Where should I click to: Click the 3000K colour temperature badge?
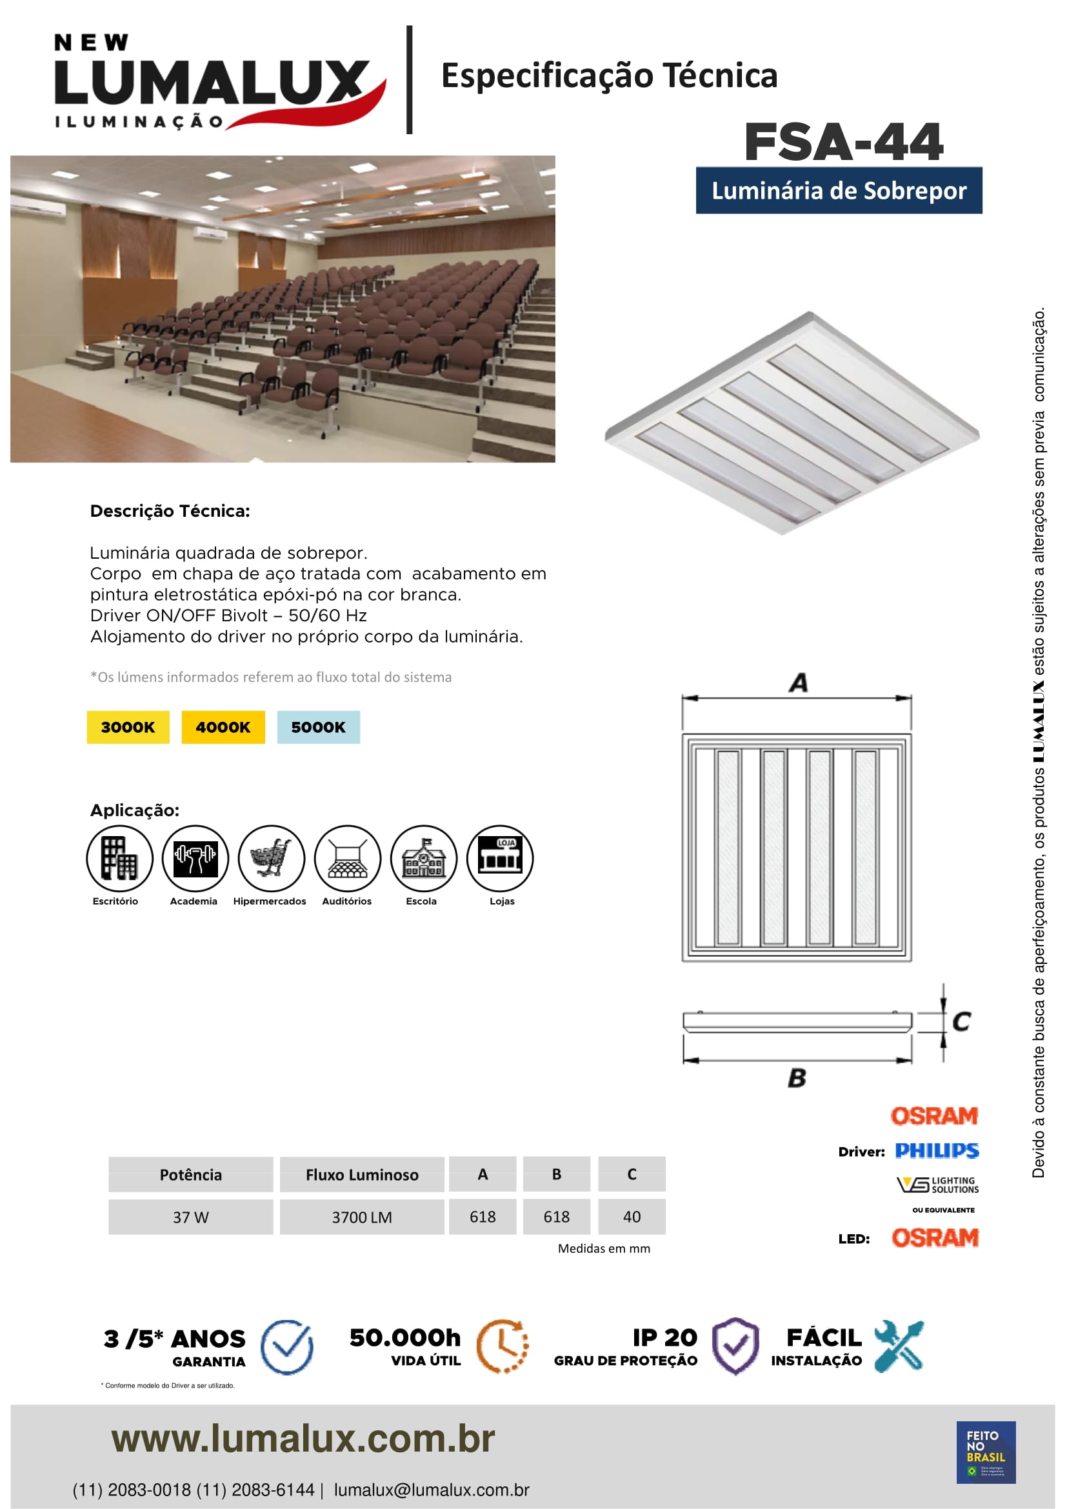(x=128, y=727)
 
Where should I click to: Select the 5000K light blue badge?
(x=318, y=727)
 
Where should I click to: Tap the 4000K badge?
(x=223, y=727)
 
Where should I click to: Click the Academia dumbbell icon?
(x=195, y=857)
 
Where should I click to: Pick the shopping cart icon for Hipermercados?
(x=272, y=857)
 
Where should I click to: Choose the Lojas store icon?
(x=500, y=857)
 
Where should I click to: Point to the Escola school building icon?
(x=424, y=857)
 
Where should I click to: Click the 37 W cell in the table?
(x=190, y=1217)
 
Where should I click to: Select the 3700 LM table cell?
(x=362, y=1217)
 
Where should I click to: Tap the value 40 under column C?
(x=632, y=1217)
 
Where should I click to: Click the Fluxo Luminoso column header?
(x=362, y=1174)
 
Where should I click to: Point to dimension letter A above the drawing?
(x=798, y=683)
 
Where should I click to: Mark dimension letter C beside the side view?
(x=961, y=1021)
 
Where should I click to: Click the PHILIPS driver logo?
(x=937, y=1151)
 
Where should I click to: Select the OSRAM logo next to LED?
(x=935, y=1238)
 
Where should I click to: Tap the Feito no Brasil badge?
(x=986, y=1452)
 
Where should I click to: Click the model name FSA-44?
(x=844, y=142)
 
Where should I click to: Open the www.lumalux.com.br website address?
(x=303, y=1439)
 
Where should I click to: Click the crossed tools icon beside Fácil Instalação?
(x=899, y=1346)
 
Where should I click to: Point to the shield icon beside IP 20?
(x=736, y=1346)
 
